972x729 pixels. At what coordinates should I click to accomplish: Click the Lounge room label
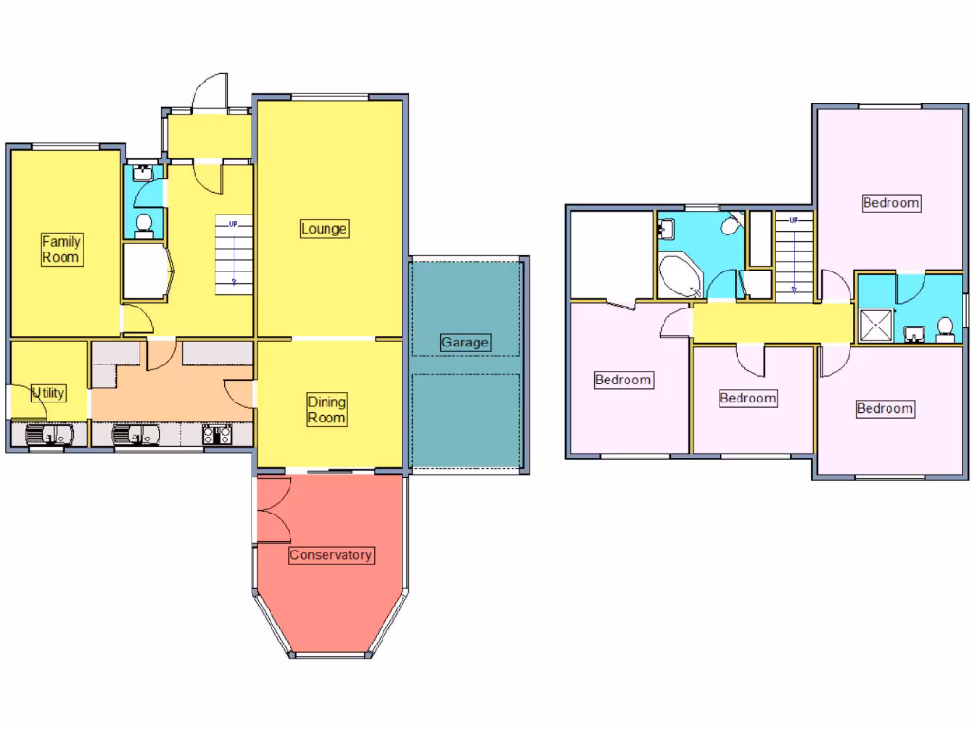click(x=324, y=229)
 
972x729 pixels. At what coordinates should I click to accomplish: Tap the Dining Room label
click(x=326, y=409)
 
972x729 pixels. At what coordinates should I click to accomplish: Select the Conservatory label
click(x=331, y=555)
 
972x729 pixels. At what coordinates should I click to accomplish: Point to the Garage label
click(x=465, y=343)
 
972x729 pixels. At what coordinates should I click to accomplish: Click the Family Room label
click(x=61, y=250)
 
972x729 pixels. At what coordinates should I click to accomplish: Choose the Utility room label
click(x=49, y=393)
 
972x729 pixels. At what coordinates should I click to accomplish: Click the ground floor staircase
click(x=234, y=252)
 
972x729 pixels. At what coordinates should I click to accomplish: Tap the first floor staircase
click(x=794, y=256)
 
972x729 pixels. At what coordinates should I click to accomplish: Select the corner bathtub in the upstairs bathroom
click(x=679, y=276)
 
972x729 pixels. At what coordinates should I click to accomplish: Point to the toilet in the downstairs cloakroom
click(x=144, y=224)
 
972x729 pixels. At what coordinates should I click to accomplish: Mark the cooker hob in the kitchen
click(x=217, y=436)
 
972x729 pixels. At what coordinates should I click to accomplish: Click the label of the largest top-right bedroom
click(x=890, y=202)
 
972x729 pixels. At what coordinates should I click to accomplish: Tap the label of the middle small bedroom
click(x=748, y=399)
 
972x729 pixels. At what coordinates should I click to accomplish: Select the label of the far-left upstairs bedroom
click(x=623, y=381)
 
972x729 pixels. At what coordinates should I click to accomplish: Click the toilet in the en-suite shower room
click(x=944, y=328)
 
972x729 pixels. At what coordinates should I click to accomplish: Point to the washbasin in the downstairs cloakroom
click(x=141, y=173)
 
